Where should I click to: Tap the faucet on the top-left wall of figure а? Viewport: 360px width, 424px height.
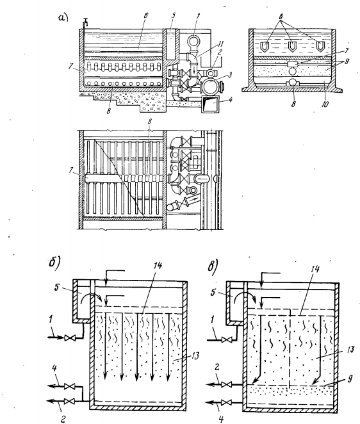85,22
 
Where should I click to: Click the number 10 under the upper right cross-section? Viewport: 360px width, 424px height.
325,104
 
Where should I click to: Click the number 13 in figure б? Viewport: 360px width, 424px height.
195,355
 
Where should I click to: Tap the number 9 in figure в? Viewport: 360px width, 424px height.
350,379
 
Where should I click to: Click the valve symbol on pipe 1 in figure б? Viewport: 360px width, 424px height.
68,338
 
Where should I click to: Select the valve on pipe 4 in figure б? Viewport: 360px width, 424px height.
68,386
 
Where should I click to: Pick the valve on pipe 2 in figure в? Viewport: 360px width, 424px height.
225,384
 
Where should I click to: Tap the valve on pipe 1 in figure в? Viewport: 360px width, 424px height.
225,340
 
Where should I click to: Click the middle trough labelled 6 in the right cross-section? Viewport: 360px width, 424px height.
293,46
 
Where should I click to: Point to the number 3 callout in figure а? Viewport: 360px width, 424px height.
229,75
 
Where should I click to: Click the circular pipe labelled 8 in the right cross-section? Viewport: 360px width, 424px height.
293,82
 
